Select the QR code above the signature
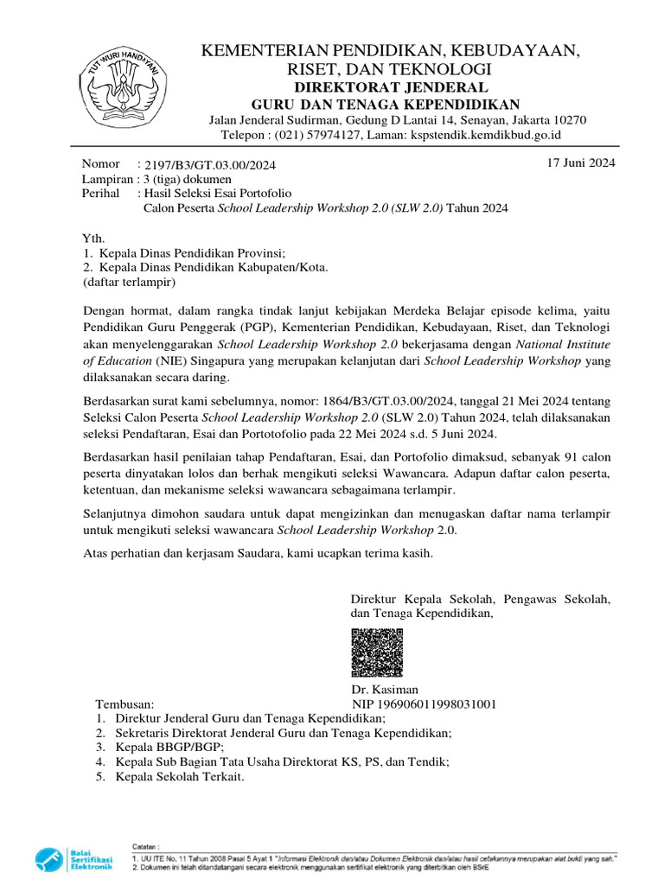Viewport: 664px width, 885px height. [x=377, y=653]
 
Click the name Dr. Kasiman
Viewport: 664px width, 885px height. [x=385, y=690]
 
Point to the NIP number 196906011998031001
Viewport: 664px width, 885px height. [x=424, y=704]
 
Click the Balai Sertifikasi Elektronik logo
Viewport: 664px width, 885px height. [x=74, y=860]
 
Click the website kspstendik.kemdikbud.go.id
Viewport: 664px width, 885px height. [x=487, y=135]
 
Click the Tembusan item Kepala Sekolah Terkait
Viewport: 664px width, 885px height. [x=181, y=776]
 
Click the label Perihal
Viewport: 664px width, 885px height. [x=100, y=194]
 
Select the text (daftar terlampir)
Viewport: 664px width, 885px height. [x=129, y=282]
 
